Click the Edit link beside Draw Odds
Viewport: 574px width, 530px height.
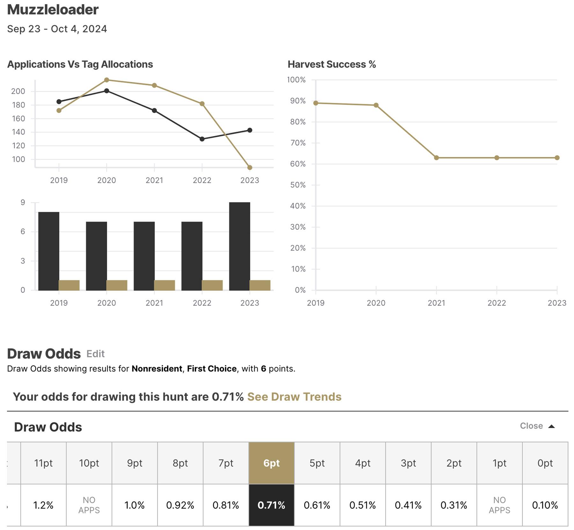95,354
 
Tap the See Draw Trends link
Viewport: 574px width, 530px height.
294,397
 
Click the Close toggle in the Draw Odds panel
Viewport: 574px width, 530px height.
537,426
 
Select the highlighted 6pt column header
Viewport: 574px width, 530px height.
271,463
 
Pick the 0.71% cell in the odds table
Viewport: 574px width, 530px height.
271,505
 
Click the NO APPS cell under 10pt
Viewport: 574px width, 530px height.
89,505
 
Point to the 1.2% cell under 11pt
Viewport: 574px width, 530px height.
43,505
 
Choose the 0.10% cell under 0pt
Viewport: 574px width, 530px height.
545,505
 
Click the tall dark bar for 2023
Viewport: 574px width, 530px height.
239,246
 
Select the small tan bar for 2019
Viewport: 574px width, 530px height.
69,285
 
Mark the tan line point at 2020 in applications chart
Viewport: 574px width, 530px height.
107,80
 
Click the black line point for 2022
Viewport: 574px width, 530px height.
202,139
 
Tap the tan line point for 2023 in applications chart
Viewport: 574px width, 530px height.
250,168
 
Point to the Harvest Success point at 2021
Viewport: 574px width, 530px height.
436,158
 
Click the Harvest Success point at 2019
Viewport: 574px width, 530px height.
316,103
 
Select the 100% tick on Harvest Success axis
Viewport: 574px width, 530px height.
296,80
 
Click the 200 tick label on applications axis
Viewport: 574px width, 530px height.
18,91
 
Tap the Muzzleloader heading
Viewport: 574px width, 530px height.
53,10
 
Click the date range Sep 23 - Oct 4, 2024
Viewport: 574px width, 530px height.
57,29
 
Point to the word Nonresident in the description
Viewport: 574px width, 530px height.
157,369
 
